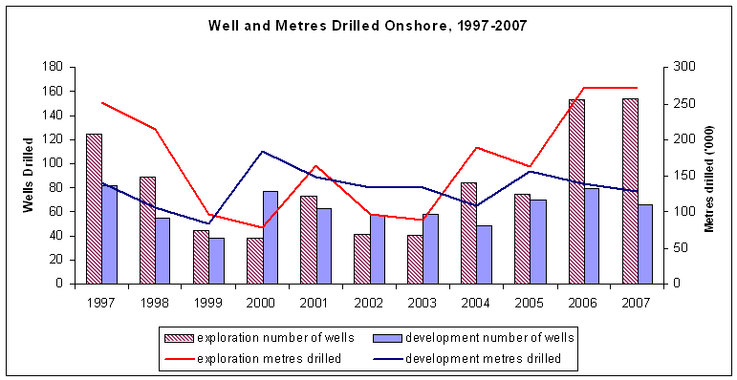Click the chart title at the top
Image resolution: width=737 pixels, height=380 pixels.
click(x=368, y=26)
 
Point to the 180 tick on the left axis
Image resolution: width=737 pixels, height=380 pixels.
click(x=52, y=67)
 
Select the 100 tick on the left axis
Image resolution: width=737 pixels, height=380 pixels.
click(x=52, y=163)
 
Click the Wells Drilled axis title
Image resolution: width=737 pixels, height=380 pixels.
click(x=28, y=175)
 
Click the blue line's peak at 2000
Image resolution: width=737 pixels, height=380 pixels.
click(x=263, y=152)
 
